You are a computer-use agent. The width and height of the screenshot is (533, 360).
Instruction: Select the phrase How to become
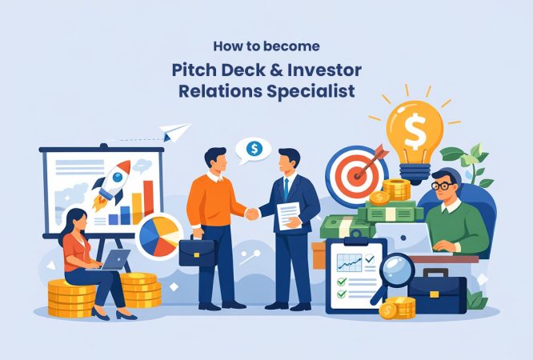pyautogui.click(x=266, y=46)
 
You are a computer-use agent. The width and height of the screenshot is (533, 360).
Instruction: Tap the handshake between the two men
pyautogui.click(x=251, y=214)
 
